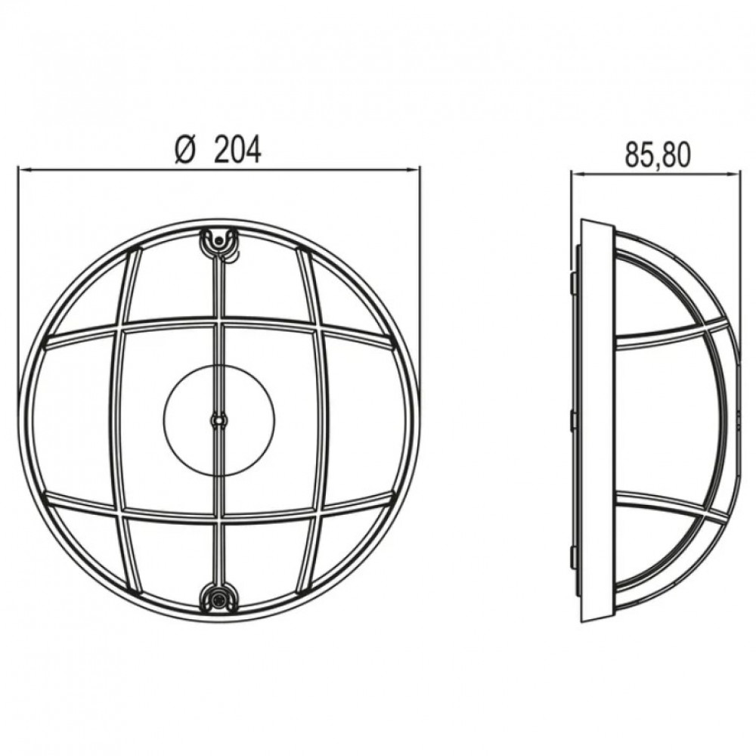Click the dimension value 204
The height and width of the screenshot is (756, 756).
click(237, 149)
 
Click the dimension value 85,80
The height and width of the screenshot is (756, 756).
click(657, 155)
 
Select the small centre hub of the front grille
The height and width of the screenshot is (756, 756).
click(219, 420)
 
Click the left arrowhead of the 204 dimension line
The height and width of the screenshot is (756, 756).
click(23, 169)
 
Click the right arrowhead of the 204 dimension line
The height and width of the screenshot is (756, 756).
click(414, 169)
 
